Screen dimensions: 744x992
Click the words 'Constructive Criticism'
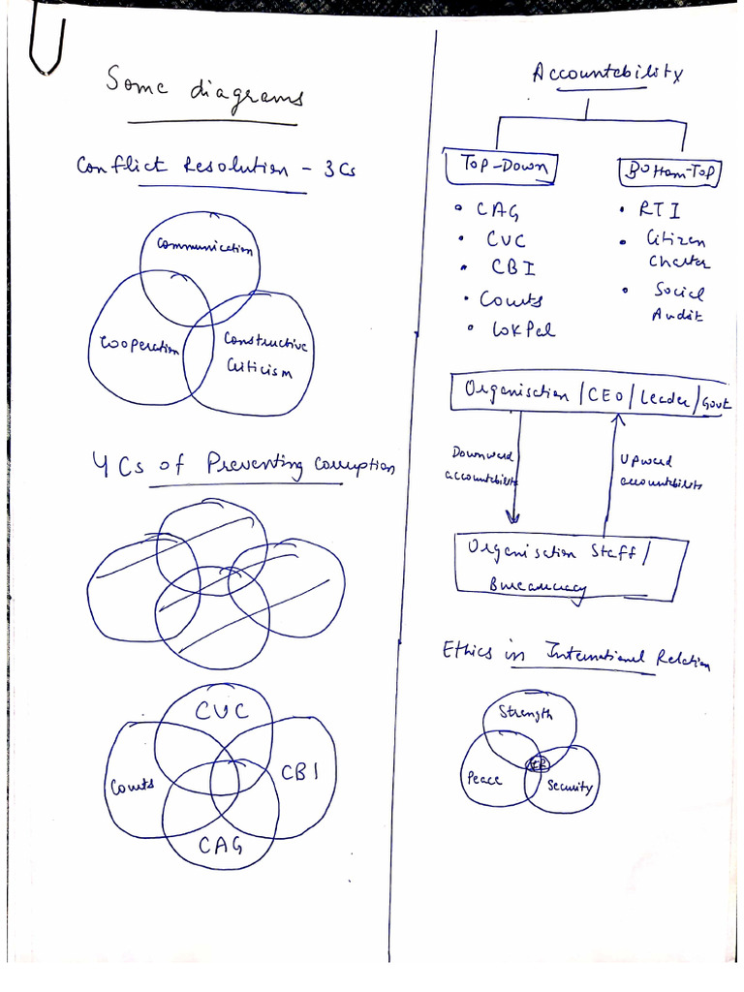pyautogui.click(x=263, y=353)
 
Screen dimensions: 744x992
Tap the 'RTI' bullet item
pyautogui.click(x=662, y=208)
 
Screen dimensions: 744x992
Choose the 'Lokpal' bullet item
pyautogui.click(x=523, y=329)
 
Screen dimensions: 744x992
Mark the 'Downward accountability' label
pyautogui.click(x=481, y=464)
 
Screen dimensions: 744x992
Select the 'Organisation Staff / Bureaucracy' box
pyautogui.click(x=572, y=566)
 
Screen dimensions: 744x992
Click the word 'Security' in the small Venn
pyautogui.click(x=569, y=786)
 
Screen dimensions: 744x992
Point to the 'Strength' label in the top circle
pyautogui.click(x=525, y=715)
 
